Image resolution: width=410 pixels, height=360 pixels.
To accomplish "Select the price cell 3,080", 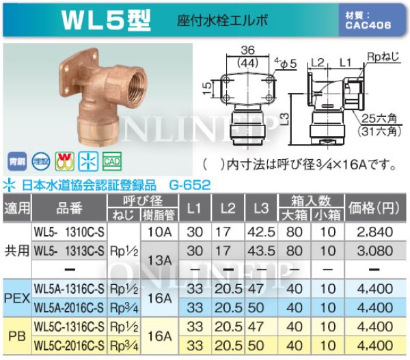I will tap(374, 251).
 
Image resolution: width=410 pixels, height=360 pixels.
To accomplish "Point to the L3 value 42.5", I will tap(252, 232).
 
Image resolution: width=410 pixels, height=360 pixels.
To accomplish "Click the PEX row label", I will tap(16, 298).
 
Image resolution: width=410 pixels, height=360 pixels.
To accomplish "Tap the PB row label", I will tap(16, 336).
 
